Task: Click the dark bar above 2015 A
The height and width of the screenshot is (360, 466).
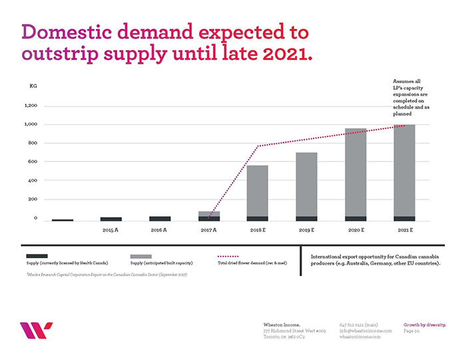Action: point(111,218)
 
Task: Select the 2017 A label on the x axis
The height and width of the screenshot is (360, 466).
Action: point(209,230)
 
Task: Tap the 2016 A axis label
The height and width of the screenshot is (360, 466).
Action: point(160,230)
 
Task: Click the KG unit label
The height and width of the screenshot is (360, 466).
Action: point(33,87)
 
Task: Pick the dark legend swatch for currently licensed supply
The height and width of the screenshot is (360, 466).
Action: point(37,256)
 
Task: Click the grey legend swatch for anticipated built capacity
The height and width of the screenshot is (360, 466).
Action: point(141,256)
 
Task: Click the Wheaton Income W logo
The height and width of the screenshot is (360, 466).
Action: point(36,330)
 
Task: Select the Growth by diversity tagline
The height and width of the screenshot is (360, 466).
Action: point(425,325)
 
